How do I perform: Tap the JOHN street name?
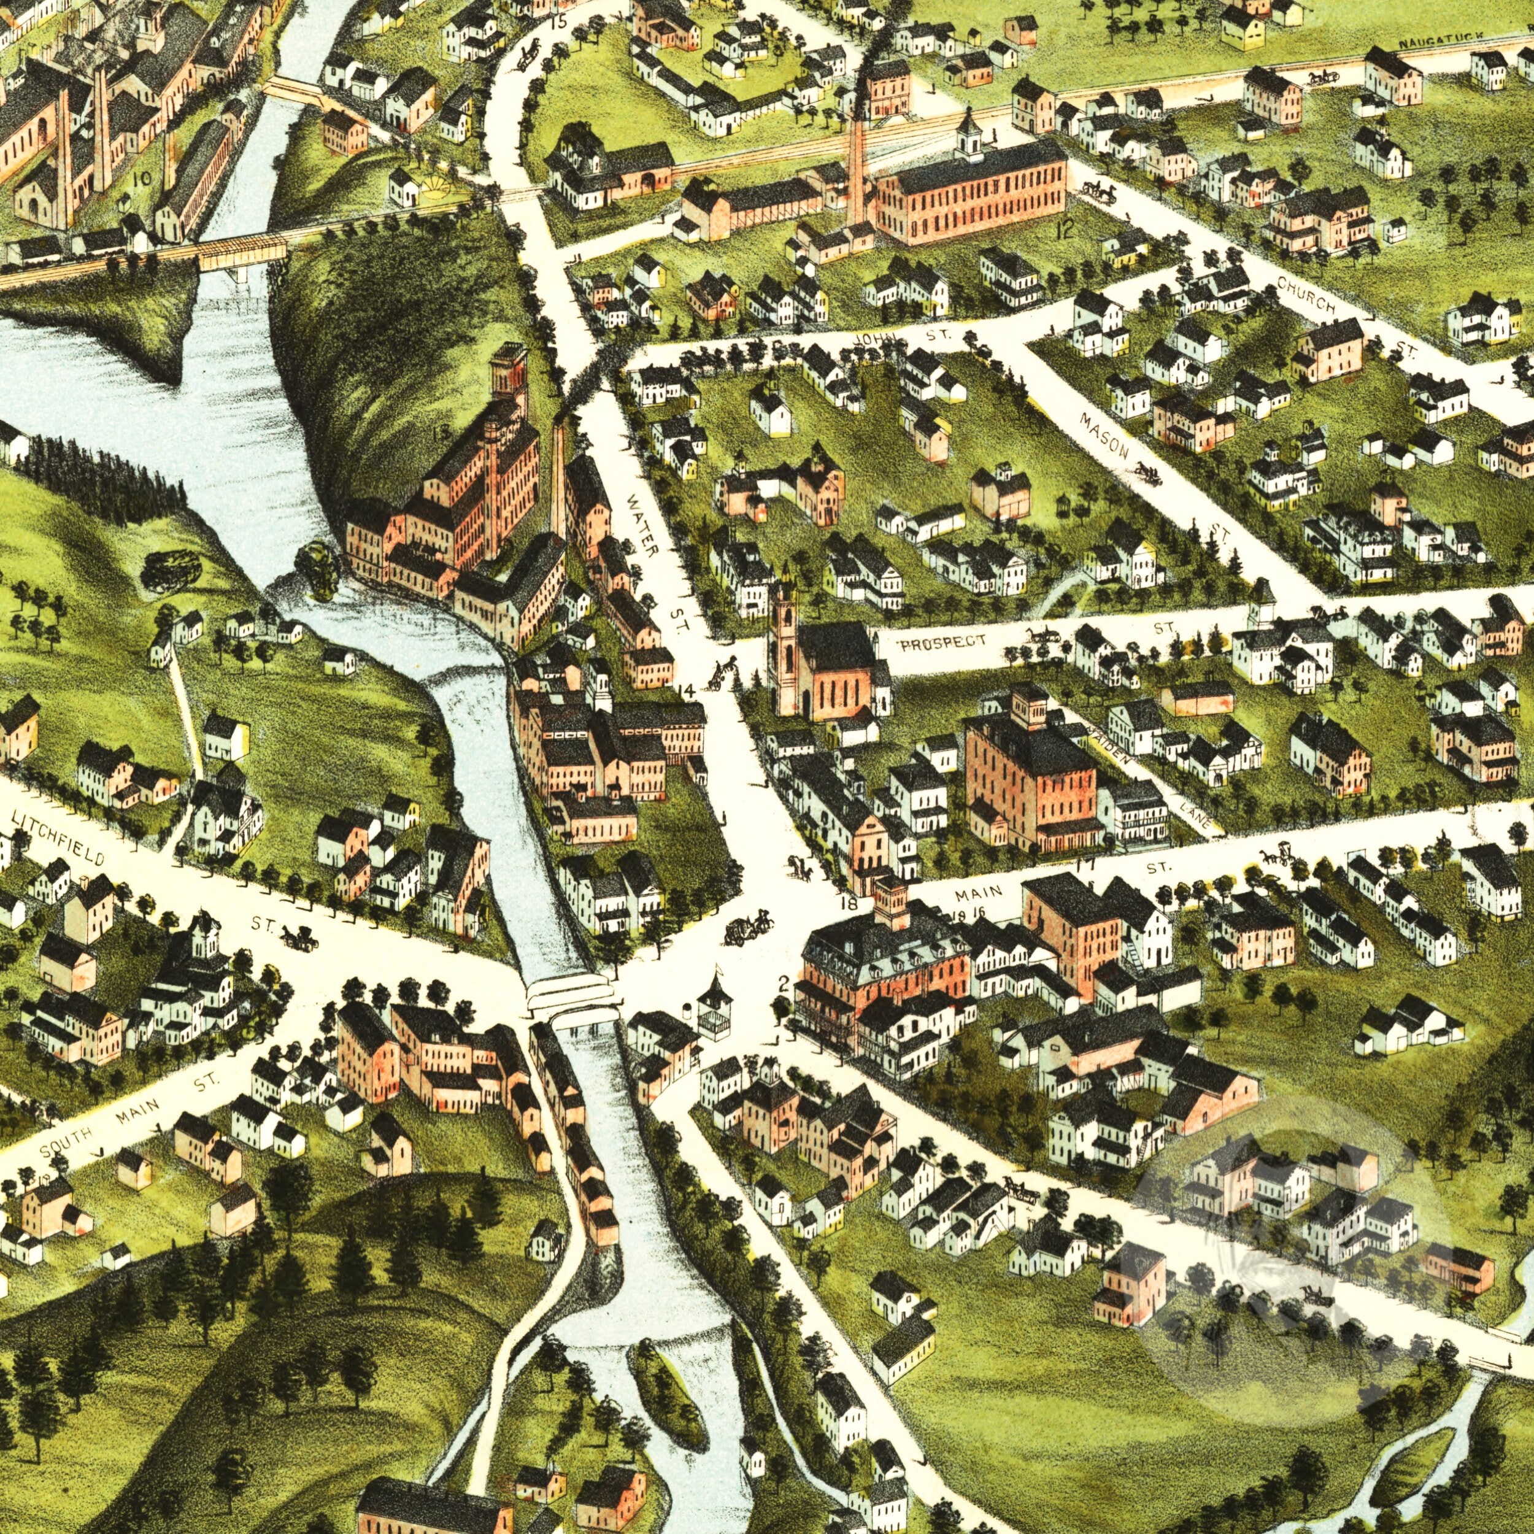point(877,337)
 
